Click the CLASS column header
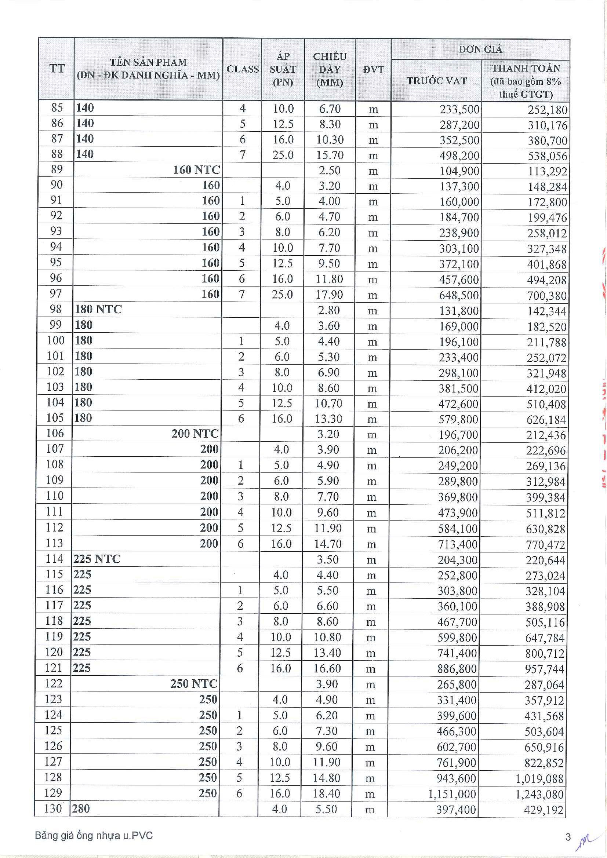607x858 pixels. tap(243, 69)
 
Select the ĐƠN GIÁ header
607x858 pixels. tap(480, 49)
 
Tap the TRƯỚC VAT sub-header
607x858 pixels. tap(437, 81)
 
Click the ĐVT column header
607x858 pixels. tap(373, 69)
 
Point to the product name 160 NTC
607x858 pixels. tap(196, 170)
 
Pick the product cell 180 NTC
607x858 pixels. tap(98, 310)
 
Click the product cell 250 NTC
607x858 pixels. tap(194, 683)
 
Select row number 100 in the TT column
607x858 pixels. tap(55, 340)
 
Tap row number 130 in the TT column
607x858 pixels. tap(53, 808)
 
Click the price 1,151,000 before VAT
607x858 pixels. tap(452, 794)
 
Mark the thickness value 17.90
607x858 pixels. tap(329, 295)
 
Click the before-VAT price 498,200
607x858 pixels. tap(459, 155)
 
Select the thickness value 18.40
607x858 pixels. tap(326, 793)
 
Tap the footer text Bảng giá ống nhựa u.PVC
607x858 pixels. tap(94, 836)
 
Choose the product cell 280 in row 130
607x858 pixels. tap(81, 809)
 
